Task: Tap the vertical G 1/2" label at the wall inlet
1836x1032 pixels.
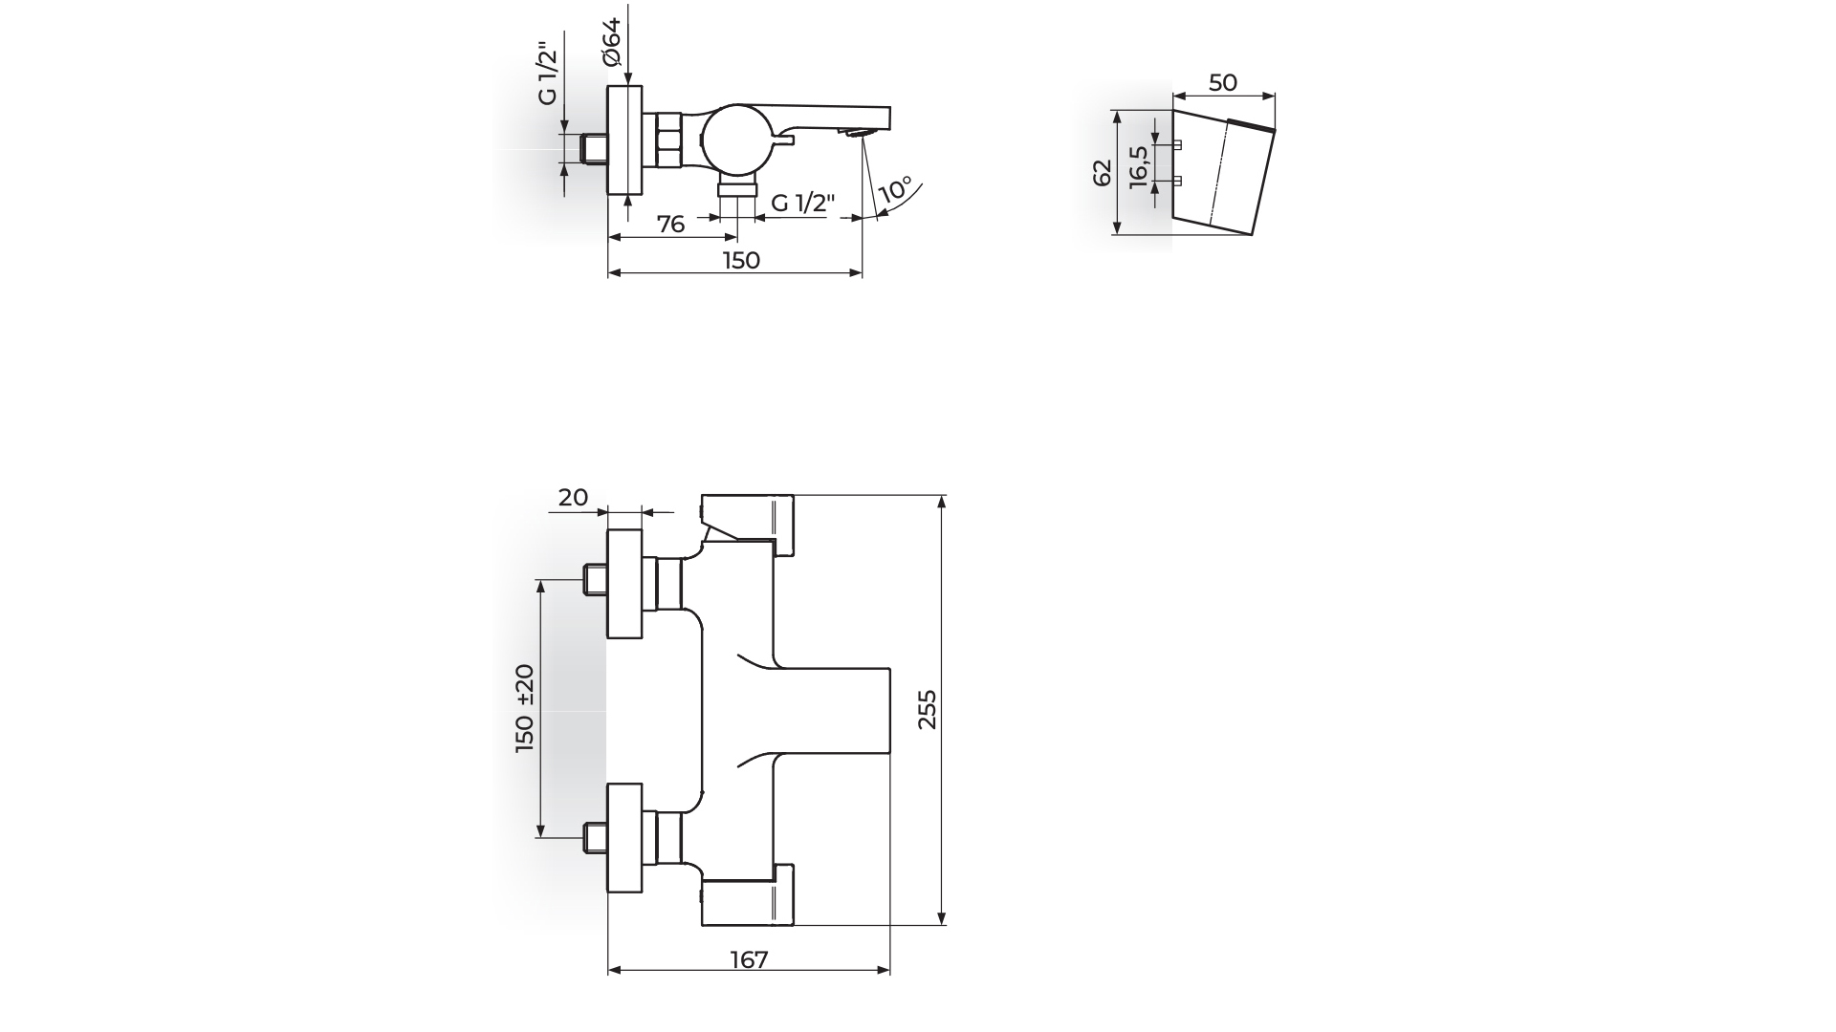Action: (x=548, y=74)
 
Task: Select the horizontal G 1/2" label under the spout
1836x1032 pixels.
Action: (x=803, y=203)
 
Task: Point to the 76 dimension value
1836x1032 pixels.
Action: (x=671, y=224)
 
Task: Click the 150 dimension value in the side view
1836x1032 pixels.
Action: (x=741, y=260)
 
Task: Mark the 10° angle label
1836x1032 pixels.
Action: (x=895, y=188)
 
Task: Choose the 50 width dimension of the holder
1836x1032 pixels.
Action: (x=1223, y=83)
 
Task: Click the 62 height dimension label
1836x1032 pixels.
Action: (x=1103, y=173)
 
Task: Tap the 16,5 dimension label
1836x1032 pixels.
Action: (x=1138, y=168)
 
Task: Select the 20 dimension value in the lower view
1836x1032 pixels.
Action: (x=573, y=497)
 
